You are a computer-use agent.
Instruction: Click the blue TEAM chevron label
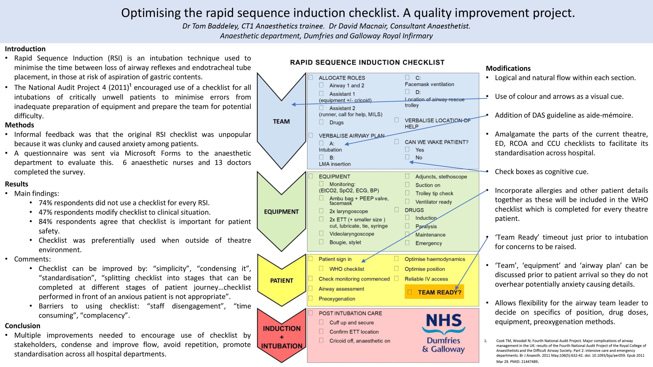coord(281,122)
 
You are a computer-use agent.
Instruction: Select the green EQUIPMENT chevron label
coord(281,212)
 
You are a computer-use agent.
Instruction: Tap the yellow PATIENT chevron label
coord(282,281)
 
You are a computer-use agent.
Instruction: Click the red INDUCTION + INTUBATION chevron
coord(282,337)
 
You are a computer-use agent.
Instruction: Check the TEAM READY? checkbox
coord(410,292)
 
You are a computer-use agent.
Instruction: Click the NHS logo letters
coord(444,321)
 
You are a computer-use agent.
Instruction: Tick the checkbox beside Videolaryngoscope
coord(321,233)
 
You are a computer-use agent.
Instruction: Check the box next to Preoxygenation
coord(311,298)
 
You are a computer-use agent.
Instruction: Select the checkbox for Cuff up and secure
coord(321,322)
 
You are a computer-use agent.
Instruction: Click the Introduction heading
coord(25,49)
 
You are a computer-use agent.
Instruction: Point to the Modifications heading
coord(508,68)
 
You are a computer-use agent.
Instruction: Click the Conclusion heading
coord(22,326)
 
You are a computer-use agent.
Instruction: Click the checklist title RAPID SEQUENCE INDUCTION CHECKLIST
coord(367,62)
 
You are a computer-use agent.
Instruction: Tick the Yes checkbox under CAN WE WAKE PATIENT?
coord(407,149)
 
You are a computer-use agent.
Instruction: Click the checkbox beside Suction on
coord(407,185)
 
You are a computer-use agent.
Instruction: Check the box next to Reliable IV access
coord(396,278)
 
